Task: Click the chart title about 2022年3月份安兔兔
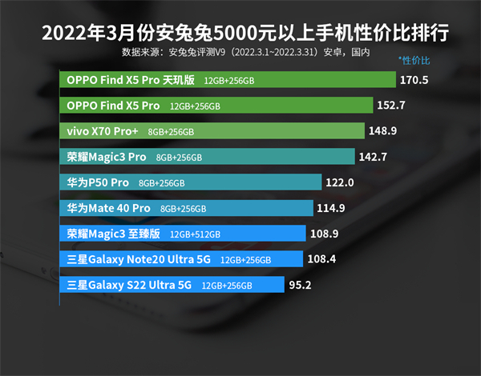coord(240,34)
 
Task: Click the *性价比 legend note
coord(414,62)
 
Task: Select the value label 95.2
coord(301,285)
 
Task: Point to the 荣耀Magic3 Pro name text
coord(107,157)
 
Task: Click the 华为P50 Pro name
coord(98,182)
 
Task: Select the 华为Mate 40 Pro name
coord(109,208)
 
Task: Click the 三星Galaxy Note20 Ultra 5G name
coord(139,259)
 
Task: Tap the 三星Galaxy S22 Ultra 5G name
coord(130,285)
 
